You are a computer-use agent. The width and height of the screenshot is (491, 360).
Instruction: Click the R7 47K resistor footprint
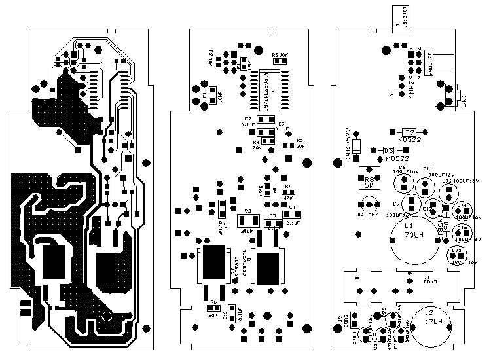[x=289, y=191]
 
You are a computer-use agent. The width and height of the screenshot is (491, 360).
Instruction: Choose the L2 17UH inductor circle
[x=429, y=327]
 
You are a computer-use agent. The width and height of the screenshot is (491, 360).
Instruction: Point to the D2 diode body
[x=408, y=132]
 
